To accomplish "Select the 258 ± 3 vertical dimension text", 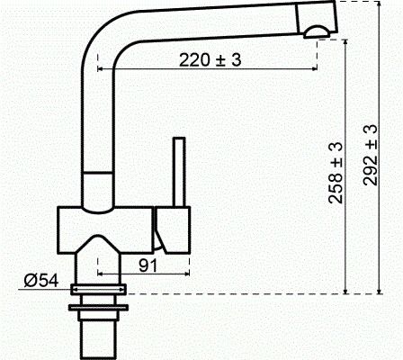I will click(335, 173).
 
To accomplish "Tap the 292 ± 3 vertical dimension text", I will click(370, 156).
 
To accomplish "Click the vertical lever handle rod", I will click(178, 172).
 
